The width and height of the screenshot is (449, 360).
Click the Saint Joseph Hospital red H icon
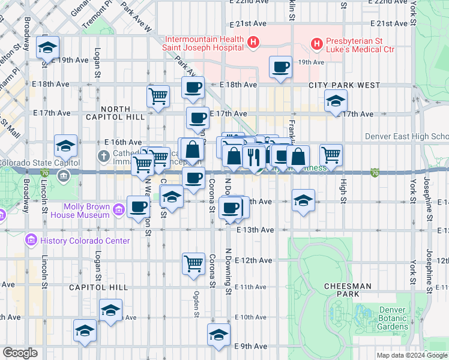[x=254, y=43]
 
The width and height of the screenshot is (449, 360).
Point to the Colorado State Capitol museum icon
[x=64, y=175]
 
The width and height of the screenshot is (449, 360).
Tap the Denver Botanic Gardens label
[x=392, y=319]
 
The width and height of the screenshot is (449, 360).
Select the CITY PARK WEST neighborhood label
[x=345, y=86]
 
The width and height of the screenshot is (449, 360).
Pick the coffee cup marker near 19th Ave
[x=280, y=67]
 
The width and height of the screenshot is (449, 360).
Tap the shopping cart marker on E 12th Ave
[x=193, y=263]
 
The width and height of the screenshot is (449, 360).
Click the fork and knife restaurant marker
[x=254, y=157]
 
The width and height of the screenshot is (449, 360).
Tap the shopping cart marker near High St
[x=331, y=154]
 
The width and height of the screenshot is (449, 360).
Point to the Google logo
[x=19, y=353]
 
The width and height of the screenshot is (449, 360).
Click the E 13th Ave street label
[x=255, y=230]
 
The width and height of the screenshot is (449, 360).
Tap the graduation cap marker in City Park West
[x=336, y=101]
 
